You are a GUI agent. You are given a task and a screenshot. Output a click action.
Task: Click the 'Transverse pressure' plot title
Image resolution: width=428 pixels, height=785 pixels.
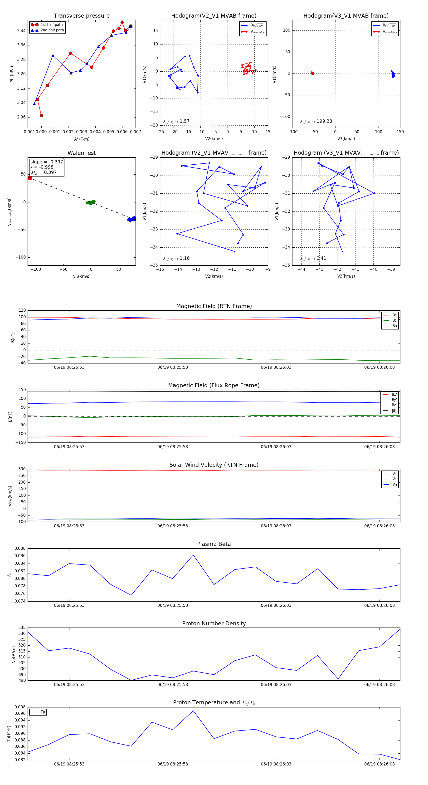point(82,16)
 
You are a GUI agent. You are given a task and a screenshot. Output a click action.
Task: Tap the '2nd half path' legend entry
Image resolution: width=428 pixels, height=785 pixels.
point(52,30)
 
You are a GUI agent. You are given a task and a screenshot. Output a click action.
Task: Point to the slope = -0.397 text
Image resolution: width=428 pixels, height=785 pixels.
point(47,162)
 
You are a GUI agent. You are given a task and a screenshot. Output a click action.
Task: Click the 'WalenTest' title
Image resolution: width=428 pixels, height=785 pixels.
point(82,153)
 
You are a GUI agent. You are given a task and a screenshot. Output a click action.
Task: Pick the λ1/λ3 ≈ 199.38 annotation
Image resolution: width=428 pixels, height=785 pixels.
point(316,121)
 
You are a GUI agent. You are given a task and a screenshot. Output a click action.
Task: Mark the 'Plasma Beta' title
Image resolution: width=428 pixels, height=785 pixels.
point(214,544)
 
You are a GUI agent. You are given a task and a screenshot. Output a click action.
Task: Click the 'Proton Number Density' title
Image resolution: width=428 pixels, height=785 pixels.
point(214,623)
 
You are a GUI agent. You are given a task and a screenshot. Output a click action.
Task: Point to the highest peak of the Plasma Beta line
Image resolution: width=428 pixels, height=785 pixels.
point(193,555)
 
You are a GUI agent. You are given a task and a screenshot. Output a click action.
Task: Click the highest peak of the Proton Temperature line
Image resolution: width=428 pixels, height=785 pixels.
point(193,711)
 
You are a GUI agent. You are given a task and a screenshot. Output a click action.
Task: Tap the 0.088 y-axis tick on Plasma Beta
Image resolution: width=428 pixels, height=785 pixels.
point(20,549)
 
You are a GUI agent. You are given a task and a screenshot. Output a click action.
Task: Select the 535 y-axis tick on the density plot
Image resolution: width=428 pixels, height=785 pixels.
point(22,628)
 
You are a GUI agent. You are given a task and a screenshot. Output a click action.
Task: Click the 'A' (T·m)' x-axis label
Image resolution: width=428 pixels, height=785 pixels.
point(82,139)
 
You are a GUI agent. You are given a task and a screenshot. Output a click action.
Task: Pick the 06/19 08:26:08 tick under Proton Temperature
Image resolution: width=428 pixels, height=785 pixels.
point(379,764)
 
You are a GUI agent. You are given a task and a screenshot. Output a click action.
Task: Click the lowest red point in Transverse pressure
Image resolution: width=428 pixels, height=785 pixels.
point(41,116)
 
